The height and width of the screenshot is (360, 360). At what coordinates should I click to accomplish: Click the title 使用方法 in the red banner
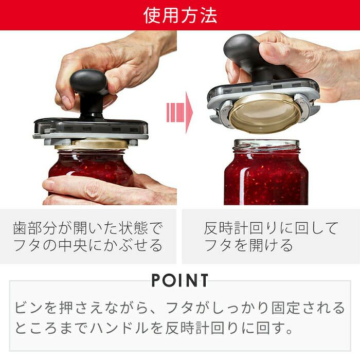coord(180,15)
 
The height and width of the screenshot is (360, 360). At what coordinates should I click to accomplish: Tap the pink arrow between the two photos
coord(179,113)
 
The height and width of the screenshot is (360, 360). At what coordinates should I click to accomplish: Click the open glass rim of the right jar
coord(266,144)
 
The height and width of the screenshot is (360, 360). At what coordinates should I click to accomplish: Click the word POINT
coord(180,280)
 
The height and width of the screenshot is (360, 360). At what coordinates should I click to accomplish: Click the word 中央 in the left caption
coord(73,245)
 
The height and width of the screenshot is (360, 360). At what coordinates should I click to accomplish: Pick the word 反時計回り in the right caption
coord(249,228)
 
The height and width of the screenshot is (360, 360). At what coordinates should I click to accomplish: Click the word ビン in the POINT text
coord(29,308)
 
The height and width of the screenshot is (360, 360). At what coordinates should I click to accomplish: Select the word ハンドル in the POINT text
coord(120,328)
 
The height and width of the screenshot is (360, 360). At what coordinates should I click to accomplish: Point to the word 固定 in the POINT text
coord(285,308)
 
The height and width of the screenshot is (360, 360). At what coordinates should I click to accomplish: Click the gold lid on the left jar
coord(92,144)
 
